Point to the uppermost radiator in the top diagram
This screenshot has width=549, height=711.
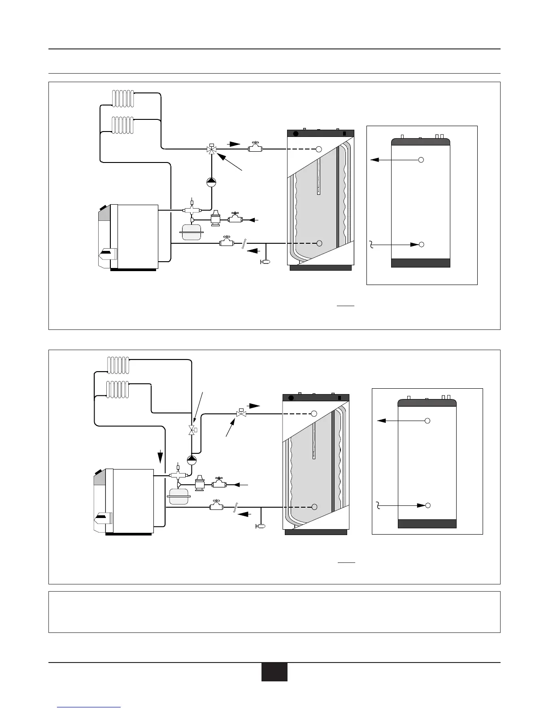[123, 98]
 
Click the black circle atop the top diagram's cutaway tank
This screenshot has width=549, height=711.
[296, 133]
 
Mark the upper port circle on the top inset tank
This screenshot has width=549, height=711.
[421, 159]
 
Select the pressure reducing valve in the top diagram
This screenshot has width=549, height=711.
[216, 219]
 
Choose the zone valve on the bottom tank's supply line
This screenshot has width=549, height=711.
[241, 413]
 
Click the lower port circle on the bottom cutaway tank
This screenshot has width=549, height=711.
[314, 507]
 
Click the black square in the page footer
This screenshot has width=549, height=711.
[274, 672]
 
